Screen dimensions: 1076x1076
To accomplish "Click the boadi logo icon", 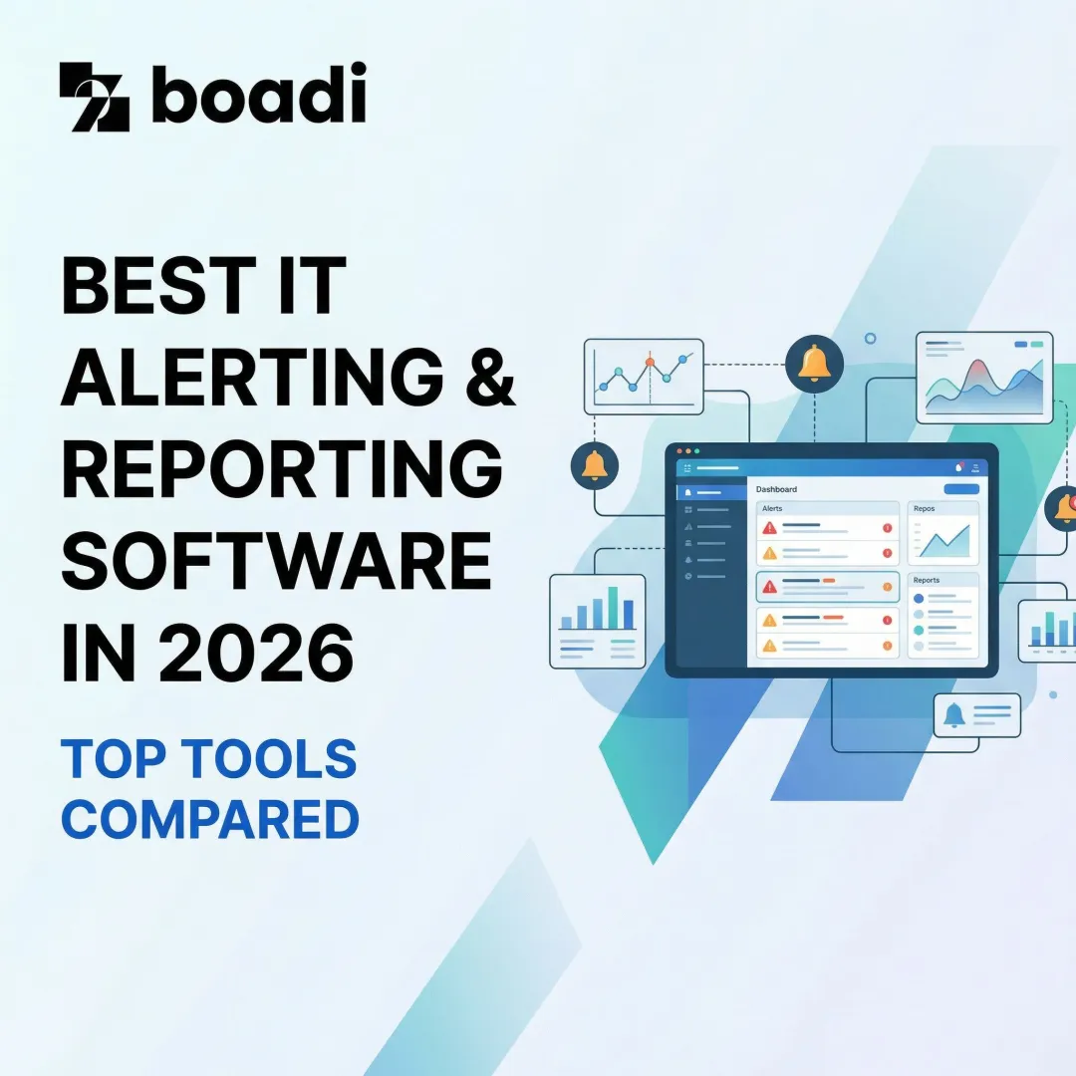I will [94, 97].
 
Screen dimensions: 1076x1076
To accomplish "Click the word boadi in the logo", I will [259, 94].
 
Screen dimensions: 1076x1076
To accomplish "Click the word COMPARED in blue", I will [209, 819].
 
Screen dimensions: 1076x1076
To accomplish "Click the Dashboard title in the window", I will [776, 489].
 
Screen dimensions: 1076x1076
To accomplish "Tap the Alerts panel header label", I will [772, 508].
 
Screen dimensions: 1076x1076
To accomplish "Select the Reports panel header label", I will [926, 580].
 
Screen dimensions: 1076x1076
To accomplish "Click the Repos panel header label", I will [925, 508].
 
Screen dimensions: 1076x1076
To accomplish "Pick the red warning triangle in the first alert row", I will [769, 528].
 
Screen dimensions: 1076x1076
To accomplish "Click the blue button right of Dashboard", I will [960, 489].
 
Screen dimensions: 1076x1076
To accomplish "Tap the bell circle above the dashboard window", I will [814, 365].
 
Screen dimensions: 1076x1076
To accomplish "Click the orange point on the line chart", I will [650, 362].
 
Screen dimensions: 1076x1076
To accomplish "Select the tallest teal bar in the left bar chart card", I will [613, 607].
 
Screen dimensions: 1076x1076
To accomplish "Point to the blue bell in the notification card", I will [953, 714].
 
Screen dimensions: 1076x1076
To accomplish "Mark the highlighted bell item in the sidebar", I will [710, 492].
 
